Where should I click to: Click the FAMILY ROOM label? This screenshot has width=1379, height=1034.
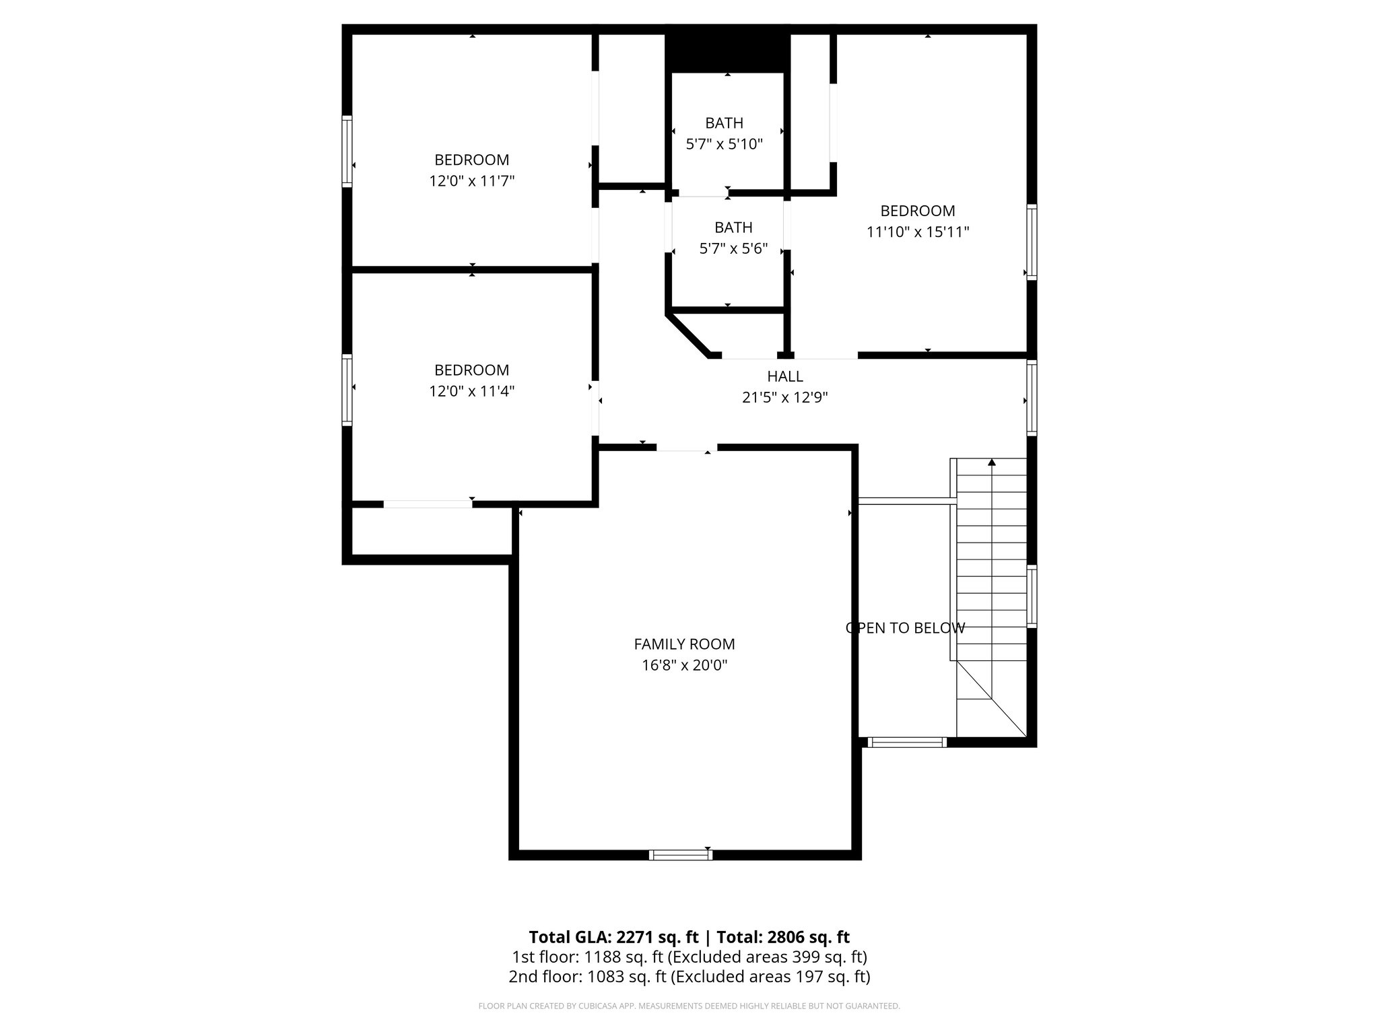point(684,644)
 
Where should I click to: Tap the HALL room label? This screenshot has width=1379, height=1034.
point(785,376)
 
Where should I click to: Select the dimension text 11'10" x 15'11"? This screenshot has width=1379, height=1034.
point(917,232)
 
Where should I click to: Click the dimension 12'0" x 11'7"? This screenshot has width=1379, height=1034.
point(471,181)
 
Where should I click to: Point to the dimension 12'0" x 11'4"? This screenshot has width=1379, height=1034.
point(471,391)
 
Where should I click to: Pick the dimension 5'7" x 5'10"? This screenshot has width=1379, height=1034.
point(724,144)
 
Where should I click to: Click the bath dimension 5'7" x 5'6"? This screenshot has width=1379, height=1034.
point(733,249)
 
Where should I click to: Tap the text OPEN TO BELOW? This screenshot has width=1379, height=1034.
point(905,628)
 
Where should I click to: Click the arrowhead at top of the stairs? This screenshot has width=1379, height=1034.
point(992,462)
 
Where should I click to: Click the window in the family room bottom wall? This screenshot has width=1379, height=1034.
point(681,855)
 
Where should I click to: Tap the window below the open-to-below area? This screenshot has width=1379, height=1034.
point(907,743)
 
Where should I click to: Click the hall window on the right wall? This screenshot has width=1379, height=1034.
point(1031,398)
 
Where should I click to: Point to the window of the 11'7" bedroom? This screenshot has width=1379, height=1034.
point(347,151)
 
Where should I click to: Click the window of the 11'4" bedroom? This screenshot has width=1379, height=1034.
point(347,390)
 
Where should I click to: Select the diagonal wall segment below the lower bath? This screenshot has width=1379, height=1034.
point(687,335)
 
